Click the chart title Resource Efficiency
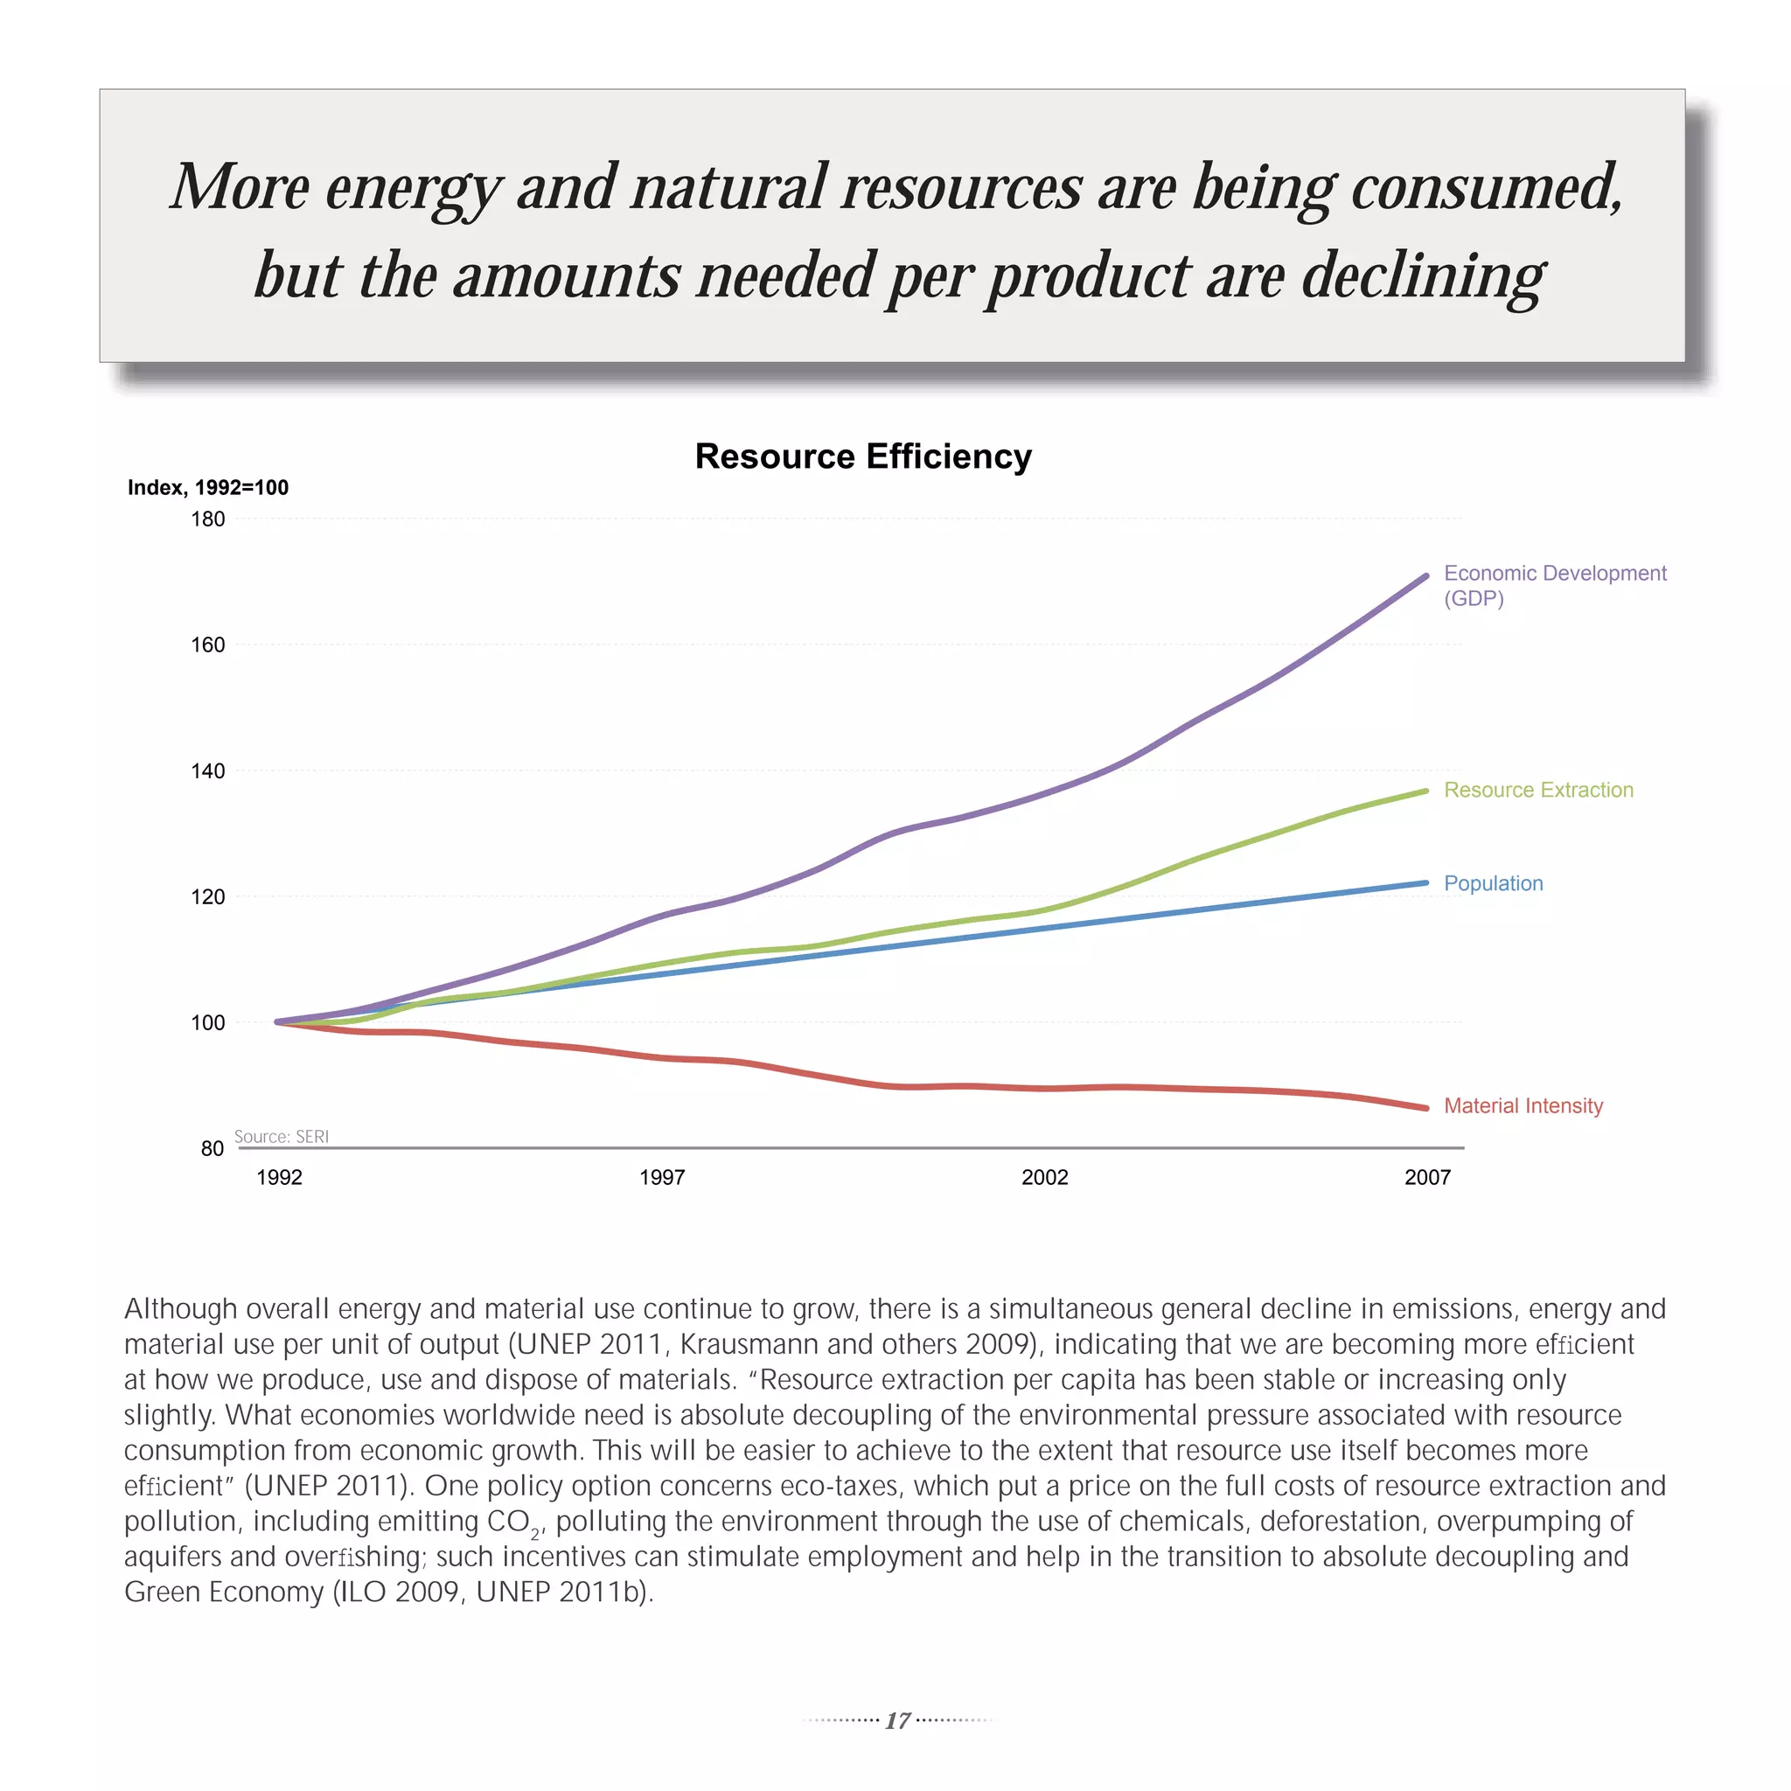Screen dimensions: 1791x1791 click(863, 456)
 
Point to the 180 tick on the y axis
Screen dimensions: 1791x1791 click(207, 519)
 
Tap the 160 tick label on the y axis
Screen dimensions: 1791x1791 click(207, 645)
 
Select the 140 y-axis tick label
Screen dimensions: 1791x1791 click(207, 771)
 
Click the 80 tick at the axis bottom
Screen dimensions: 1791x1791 click(213, 1148)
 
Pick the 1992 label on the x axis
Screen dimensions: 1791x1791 click(279, 1177)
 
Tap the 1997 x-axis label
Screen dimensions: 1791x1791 click(662, 1177)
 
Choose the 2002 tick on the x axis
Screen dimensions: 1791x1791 click(1045, 1177)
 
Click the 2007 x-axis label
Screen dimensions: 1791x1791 click(1427, 1177)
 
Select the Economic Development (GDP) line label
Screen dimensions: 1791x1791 click(1555, 585)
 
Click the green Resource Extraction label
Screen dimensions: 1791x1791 click(1539, 790)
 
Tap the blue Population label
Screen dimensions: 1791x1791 click(1494, 883)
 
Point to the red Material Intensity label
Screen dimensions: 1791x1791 click(1523, 1106)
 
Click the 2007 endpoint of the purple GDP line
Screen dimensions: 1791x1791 click(1425, 575)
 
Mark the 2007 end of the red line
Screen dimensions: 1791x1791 click(1425, 1108)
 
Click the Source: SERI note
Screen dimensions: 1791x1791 click(281, 1137)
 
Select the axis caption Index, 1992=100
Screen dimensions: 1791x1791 click(207, 488)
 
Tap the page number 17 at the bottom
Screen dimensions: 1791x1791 click(897, 1720)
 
